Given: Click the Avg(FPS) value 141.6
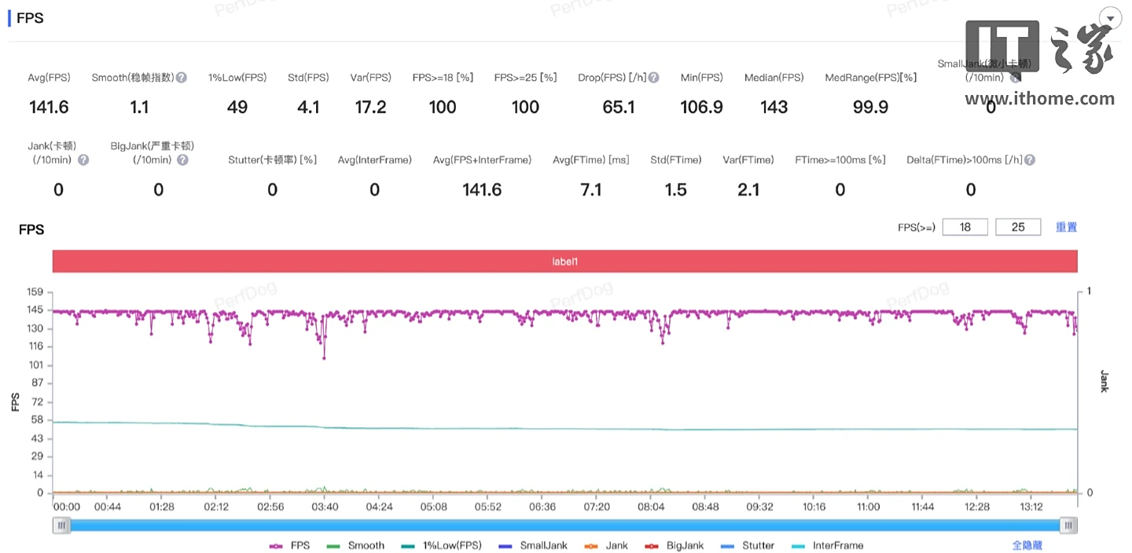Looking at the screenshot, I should coord(49,107).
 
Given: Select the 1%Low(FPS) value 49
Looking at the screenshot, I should coord(237,107).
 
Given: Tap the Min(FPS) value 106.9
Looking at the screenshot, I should coord(701,107).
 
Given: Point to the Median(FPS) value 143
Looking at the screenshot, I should coord(774,107).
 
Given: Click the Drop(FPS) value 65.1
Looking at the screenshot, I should coord(619,107).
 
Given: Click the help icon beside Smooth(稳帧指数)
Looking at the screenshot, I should coord(182,78).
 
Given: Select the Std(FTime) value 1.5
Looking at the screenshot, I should coord(675,189).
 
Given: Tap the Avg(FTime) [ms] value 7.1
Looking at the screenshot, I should coord(590,189).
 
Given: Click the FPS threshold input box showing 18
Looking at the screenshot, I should coord(965,227).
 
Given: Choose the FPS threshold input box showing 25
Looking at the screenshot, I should coord(1018,227).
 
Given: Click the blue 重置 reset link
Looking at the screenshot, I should coord(1066,227).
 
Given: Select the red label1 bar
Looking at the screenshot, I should coord(564,262).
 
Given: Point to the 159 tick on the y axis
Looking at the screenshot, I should coord(35,292).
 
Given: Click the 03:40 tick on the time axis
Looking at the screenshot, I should coord(325,507).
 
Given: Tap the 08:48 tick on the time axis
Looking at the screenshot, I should coord(705,507).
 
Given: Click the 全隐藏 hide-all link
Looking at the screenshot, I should coord(1027,545).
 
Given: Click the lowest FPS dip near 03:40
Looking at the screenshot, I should coord(324,358).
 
